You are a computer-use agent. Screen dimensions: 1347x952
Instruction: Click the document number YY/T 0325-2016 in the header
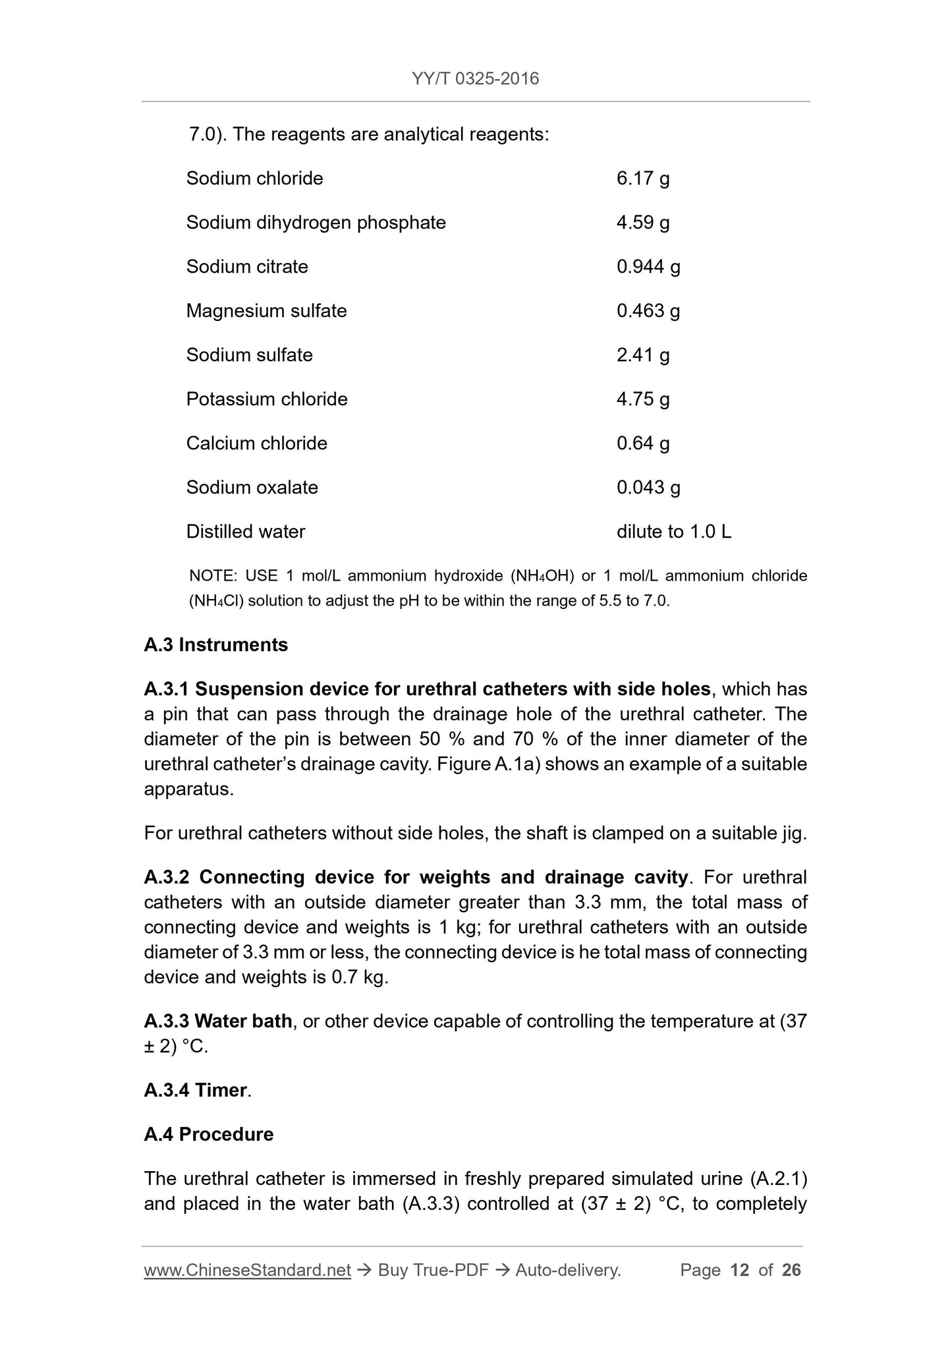pos(475,79)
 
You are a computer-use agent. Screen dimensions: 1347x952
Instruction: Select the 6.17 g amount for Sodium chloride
pos(642,179)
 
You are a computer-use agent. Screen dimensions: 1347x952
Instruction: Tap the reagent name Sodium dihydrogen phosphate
pos(316,223)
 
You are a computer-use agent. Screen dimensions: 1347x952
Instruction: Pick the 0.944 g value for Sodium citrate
pos(648,267)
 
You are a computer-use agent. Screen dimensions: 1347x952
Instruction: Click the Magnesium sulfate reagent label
pos(266,311)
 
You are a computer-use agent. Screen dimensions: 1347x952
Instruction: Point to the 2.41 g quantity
pos(642,355)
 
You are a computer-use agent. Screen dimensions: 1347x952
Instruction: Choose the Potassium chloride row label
pos(266,399)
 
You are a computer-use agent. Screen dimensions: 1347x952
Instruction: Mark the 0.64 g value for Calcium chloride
pos(642,444)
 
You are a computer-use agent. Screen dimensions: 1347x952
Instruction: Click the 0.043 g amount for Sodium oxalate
pos(648,488)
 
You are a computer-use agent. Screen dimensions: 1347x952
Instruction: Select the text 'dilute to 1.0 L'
pos(673,532)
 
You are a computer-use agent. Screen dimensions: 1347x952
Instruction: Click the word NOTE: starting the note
pos(212,576)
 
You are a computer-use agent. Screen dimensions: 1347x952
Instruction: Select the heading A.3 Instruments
pos(215,645)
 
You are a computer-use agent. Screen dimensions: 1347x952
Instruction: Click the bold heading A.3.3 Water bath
pos(217,1021)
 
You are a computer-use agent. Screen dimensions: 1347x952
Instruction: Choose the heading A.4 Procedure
pos(208,1135)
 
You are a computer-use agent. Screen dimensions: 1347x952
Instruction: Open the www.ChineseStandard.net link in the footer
pos(247,1271)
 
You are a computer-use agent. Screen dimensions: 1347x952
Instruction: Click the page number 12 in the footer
pos(740,1271)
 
